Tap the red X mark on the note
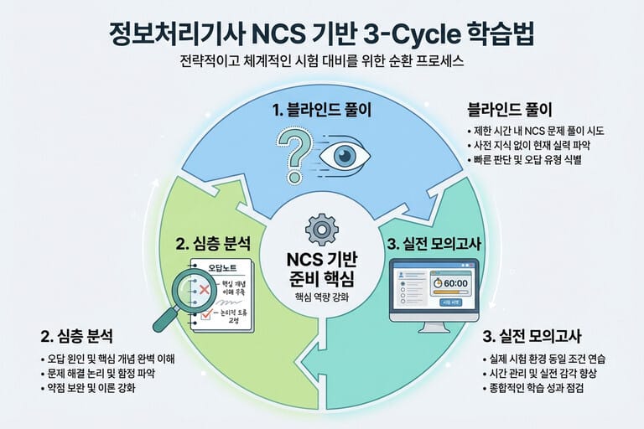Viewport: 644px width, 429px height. point(202,289)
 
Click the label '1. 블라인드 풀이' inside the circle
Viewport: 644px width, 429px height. point(321,110)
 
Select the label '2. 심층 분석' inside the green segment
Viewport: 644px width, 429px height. point(212,245)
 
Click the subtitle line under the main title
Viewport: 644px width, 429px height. point(321,62)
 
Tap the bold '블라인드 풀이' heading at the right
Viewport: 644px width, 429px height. point(509,111)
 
